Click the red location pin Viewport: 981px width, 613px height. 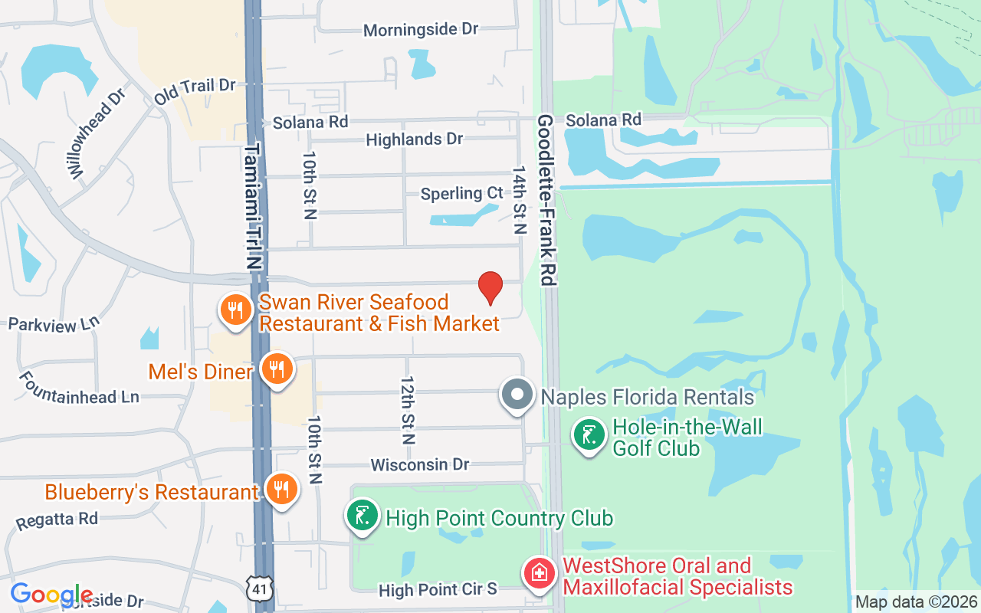490,287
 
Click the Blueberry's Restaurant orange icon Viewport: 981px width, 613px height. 281,488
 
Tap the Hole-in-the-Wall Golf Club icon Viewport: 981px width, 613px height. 589,435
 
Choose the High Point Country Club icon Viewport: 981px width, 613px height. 363,515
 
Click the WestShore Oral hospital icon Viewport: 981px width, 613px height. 539,572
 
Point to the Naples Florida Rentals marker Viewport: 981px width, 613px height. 517,395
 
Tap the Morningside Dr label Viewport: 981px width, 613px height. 421,30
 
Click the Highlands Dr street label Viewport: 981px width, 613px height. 415,139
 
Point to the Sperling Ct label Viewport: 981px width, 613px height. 461,194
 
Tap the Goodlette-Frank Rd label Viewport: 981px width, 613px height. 546,200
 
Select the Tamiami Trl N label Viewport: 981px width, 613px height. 254,207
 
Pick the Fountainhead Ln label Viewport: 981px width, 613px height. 79,388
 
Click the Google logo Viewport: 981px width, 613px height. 51,595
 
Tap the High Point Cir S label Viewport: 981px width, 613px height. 438,590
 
